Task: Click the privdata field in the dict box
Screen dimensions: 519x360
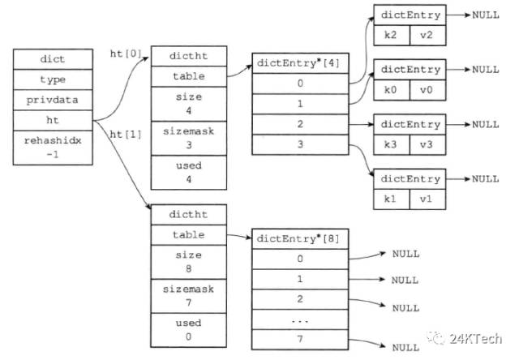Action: pyautogui.click(x=53, y=100)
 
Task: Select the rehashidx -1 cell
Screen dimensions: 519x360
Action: pyautogui.click(x=53, y=148)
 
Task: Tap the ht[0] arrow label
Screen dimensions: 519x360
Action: pyautogui.click(x=126, y=54)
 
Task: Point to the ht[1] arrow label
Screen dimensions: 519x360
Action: pyautogui.click(x=126, y=135)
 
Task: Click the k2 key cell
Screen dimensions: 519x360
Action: pyautogui.click(x=392, y=35)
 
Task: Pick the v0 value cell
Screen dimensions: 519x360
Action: pyautogui.click(x=427, y=90)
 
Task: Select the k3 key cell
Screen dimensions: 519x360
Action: pyautogui.click(x=392, y=144)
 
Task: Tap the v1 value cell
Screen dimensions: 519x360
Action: pyautogui.click(x=427, y=199)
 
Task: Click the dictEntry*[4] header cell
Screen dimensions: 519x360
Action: pyautogui.click(x=300, y=63)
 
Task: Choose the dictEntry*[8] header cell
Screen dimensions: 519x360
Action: pyautogui.click(x=300, y=239)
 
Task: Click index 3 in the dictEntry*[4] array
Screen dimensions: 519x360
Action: pyautogui.click(x=300, y=144)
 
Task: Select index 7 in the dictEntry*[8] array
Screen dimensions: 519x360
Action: pyautogui.click(x=300, y=340)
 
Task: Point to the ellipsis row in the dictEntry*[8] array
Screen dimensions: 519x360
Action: pyautogui.click(x=300, y=319)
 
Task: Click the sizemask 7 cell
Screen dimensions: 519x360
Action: pyautogui.click(x=189, y=296)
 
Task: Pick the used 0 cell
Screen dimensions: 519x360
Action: pyautogui.click(x=189, y=330)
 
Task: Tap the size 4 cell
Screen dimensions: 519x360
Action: pyautogui.click(x=189, y=104)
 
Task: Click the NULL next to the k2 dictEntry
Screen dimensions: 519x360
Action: pyautogui.click(x=486, y=15)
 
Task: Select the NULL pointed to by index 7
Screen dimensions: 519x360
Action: pyautogui.click(x=405, y=348)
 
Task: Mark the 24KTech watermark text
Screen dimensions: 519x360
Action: pyautogui.click(x=475, y=339)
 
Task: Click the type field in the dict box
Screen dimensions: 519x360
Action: pyautogui.click(x=53, y=79)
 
